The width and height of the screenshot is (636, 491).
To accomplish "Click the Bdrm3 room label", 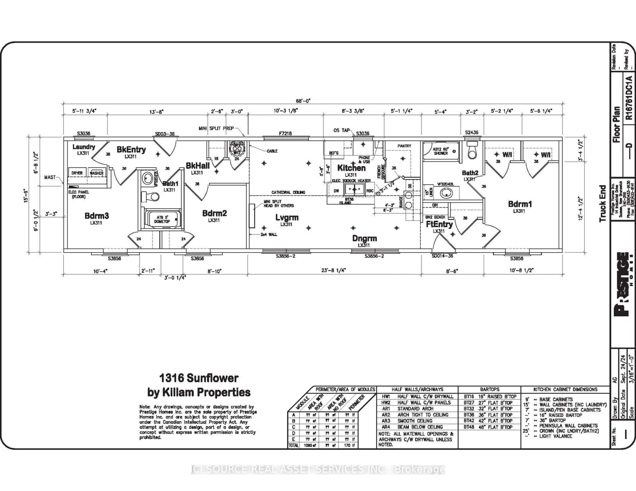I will pyautogui.click(x=97, y=216).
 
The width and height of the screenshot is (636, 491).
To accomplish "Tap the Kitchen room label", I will pyautogui.click(x=351, y=168).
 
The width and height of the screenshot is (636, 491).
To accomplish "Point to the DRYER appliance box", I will pyautogui.click(x=77, y=173).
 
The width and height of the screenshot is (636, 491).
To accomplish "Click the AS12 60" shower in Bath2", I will pyautogui.click(x=441, y=151).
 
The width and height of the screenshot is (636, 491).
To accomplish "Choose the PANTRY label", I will pyautogui.click(x=404, y=146).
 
